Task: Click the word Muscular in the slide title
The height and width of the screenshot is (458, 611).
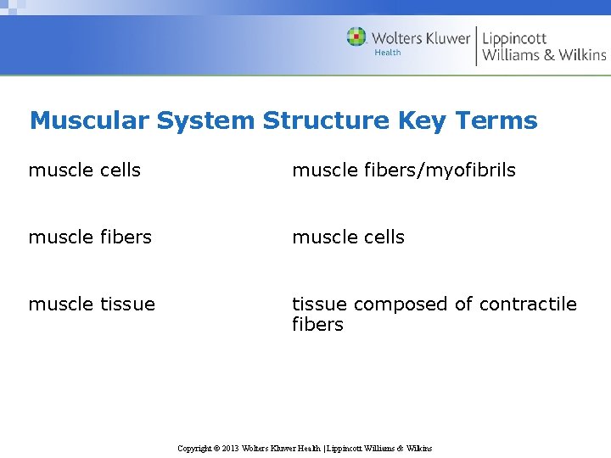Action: (x=89, y=120)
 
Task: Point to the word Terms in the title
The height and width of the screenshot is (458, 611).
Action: (x=498, y=120)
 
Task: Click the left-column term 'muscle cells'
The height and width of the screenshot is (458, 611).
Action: (x=84, y=170)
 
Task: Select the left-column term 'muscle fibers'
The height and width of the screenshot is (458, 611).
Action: (x=90, y=237)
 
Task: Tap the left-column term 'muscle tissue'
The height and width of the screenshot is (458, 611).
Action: (x=92, y=304)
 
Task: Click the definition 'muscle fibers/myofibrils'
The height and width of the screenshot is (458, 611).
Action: (x=403, y=170)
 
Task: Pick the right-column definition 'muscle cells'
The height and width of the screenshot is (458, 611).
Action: (x=348, y=237)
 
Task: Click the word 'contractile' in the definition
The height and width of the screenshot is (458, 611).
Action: (x=527, y=304)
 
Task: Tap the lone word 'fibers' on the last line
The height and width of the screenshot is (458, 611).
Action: (x=317, y=325)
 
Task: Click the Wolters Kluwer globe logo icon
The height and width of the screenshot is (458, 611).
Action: (x=356, y=37)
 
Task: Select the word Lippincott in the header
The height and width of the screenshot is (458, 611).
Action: (x=514, y=38)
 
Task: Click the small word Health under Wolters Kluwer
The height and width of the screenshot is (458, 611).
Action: (x=387, y=53)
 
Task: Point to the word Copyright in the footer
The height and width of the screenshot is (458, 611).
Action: (x=194, y=448)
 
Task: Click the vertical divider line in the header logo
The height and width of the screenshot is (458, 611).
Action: (x=476, y=46)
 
